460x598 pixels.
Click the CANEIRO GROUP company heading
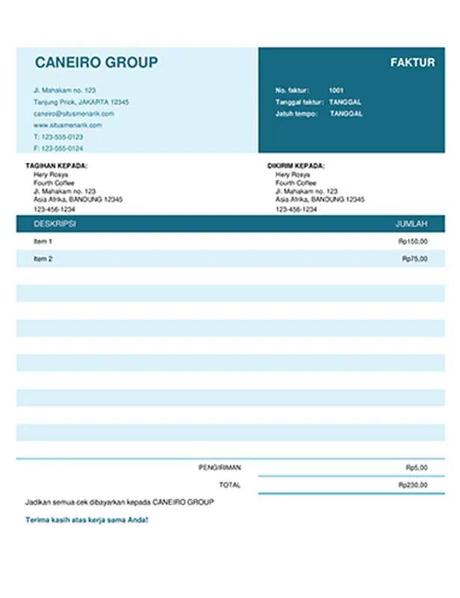(x=96, y=63)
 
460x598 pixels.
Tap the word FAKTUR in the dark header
(x=412, y=63)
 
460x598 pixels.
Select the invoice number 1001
(x=336, y=90)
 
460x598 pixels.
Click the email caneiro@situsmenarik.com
(x=74, y=114)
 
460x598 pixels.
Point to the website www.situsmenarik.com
(x=68, y=126)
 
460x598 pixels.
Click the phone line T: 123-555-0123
(x=58, y=138)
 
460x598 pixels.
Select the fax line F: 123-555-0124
(x=58, y=149)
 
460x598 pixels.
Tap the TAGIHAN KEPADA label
(x=56, y=166)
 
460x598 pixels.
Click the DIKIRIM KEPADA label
(x=296, y=166)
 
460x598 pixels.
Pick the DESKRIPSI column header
(x=55, y=224)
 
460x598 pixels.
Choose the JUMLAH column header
(x=411, y=224)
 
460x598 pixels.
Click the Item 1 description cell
(x=43, y=241)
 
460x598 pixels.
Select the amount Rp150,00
(x=414, y=241)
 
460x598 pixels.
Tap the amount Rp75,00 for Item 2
(x=415, y=259)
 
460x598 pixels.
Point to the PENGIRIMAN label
(x=220, y=468)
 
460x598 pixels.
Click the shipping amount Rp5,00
(x=417, y=468)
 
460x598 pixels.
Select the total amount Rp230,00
(x=414, y=485)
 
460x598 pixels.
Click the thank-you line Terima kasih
(x=87, y=520)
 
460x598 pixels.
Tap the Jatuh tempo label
(x=296, y=114)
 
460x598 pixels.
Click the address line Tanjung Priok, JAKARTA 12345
(x=81, y=102)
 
